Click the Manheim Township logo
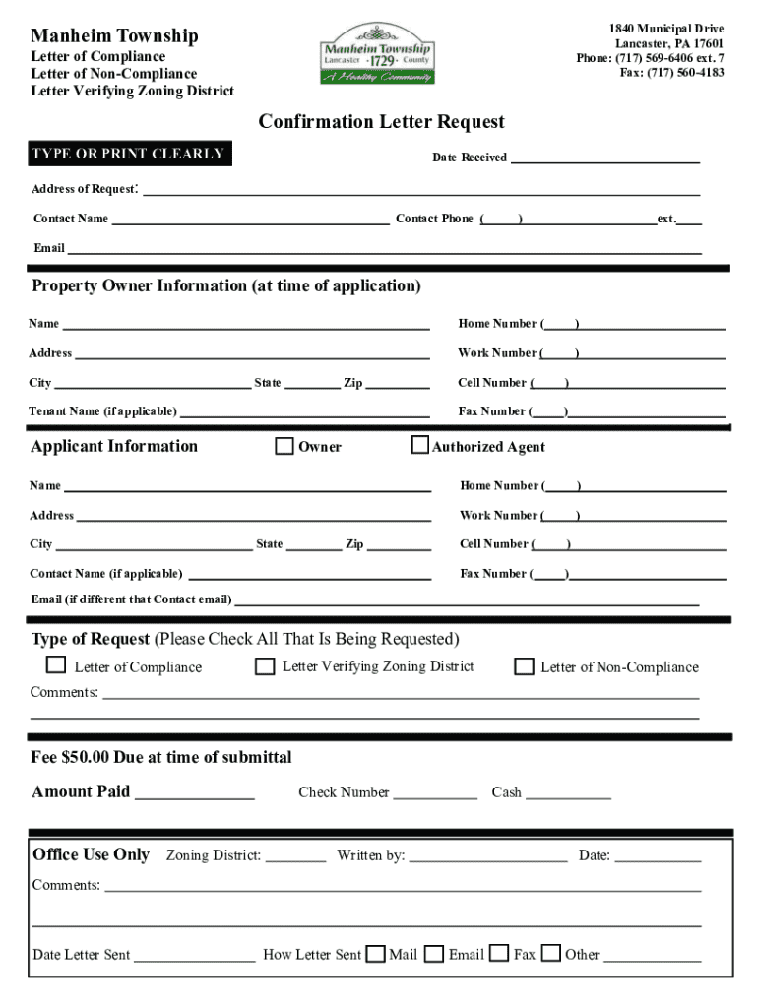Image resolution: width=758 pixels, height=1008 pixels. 377,55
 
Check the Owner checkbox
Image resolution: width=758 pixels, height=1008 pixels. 284,447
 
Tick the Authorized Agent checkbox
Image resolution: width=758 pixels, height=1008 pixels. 420,446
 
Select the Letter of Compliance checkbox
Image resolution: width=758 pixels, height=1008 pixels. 57,665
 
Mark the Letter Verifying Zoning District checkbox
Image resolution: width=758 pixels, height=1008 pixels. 265,666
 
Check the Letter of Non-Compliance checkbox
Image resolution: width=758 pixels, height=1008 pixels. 525,666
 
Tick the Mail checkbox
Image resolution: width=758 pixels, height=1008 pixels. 375,953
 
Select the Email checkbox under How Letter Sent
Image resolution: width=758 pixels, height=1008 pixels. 434,953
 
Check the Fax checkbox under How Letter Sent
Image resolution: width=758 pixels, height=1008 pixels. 500,953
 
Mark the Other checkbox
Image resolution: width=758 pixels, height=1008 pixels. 551,953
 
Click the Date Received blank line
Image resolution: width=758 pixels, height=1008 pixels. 604,158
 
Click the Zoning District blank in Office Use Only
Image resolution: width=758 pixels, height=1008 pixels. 295,857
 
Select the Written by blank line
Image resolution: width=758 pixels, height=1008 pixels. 488,857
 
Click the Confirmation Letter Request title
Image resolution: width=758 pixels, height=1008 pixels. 381,122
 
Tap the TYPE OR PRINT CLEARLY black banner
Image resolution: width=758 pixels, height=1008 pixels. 129,155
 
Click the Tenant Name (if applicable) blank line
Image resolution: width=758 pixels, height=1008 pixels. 305,412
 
